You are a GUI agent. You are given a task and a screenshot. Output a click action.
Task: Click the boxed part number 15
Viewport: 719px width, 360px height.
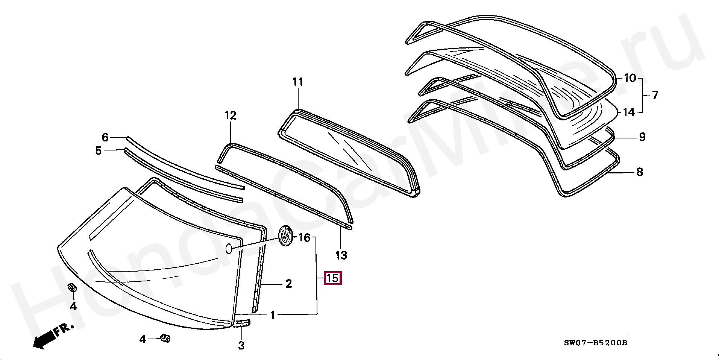pyautogui.click(x=332, y=278)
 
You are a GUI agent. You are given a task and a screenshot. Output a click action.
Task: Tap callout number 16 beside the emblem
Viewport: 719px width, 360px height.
pyautogui.click(x=304, y=238)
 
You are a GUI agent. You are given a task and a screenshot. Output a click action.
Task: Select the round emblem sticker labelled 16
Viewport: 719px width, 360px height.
pyautogui.click(x=285, y=236)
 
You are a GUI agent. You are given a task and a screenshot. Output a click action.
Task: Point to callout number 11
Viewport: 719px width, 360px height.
pyautogui.click(x=297, y=82)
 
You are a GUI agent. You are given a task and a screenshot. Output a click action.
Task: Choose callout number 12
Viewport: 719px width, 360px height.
pyautogui.click(x=231, y=115)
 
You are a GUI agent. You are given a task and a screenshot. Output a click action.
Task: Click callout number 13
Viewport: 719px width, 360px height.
pyautogui.click(x=341, y=255)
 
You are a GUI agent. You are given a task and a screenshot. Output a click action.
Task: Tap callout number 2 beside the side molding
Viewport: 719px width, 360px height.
pyautogui.click(x=288, y=284)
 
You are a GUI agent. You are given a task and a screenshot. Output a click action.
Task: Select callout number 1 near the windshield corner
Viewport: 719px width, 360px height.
pyautogui.click(x=273, y=315)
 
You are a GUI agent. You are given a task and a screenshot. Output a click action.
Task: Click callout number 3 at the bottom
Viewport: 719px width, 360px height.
pyautogui.click(x=241, y=345)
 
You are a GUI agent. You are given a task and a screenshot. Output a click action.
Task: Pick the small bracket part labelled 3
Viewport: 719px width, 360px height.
pyautogui.click(x=243, y=323)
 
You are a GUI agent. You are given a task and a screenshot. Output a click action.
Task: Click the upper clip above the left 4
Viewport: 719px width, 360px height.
pyautogui.click(x=72, y=288)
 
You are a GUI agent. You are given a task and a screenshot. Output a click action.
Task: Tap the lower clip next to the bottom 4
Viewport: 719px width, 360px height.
pyautogui.click(x=165, y=338)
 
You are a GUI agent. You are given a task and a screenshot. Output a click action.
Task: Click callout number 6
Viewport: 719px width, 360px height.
pyautogui.click(x=105, y=137)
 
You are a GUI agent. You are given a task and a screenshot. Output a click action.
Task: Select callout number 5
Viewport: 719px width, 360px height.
pyautogui.click(x=98, y=151)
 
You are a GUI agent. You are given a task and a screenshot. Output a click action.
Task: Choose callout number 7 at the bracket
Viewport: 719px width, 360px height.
pyautogui.click(x=655, y=95)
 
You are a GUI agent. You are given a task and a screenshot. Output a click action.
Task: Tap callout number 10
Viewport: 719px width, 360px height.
pyautogui.click(x=630, y=78)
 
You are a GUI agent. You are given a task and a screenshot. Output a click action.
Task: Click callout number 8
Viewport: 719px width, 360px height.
pyautogui.click(x=639, y=172)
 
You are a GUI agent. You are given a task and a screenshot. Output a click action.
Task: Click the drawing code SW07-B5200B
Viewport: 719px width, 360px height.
pyautogui.click(x=595, y=343)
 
